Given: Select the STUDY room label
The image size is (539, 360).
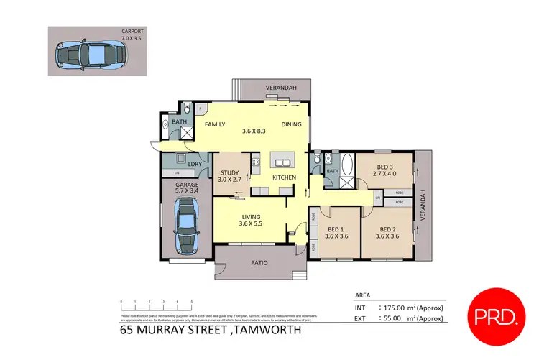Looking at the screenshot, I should coord(229,172).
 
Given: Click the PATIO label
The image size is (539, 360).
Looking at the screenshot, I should coord(259,263).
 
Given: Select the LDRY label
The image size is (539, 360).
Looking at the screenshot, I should coord(194,164).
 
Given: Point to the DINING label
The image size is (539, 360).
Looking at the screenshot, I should coord(291,124).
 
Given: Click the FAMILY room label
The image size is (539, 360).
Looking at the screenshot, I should coord(216,124).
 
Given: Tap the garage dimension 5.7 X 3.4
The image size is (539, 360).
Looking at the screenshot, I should coord(187,190).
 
